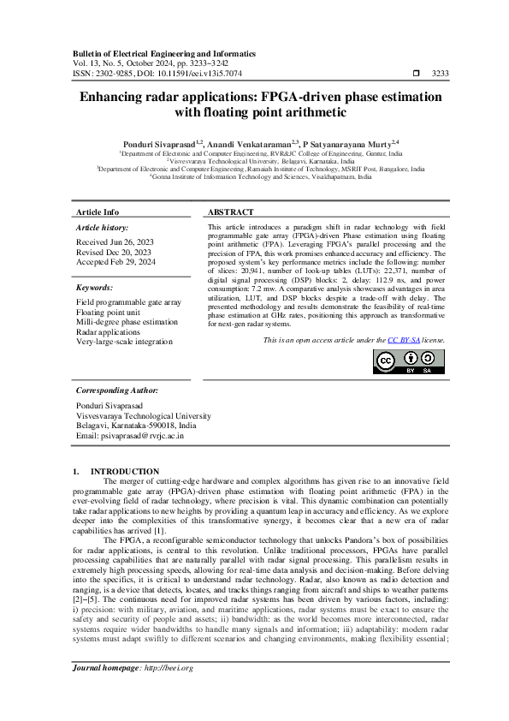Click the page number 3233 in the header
tap(441, 74)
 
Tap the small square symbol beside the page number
tap(416, 74)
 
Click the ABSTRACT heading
tap(230, 212)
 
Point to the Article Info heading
tap(98, 212)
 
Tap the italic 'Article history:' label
tap(102, 227)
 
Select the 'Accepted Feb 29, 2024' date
tap(115, 262)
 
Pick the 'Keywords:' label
tap(94, 288)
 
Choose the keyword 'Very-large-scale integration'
tap(124, 341)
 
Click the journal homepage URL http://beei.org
tap(169, 668)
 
